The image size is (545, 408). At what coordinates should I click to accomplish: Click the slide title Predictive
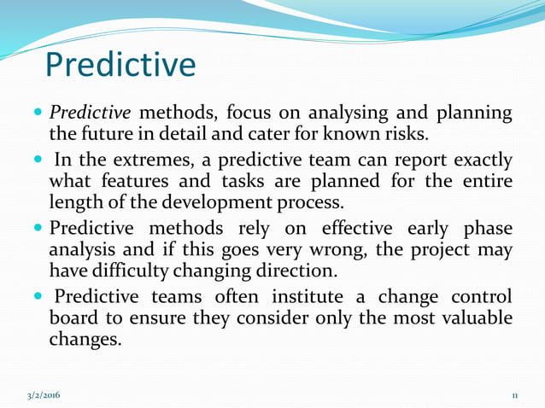click(x=120, y=63)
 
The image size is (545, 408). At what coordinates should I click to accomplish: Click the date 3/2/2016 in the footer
click(x=43, y=396)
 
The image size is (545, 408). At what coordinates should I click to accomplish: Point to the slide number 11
click(x=515, y=396)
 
